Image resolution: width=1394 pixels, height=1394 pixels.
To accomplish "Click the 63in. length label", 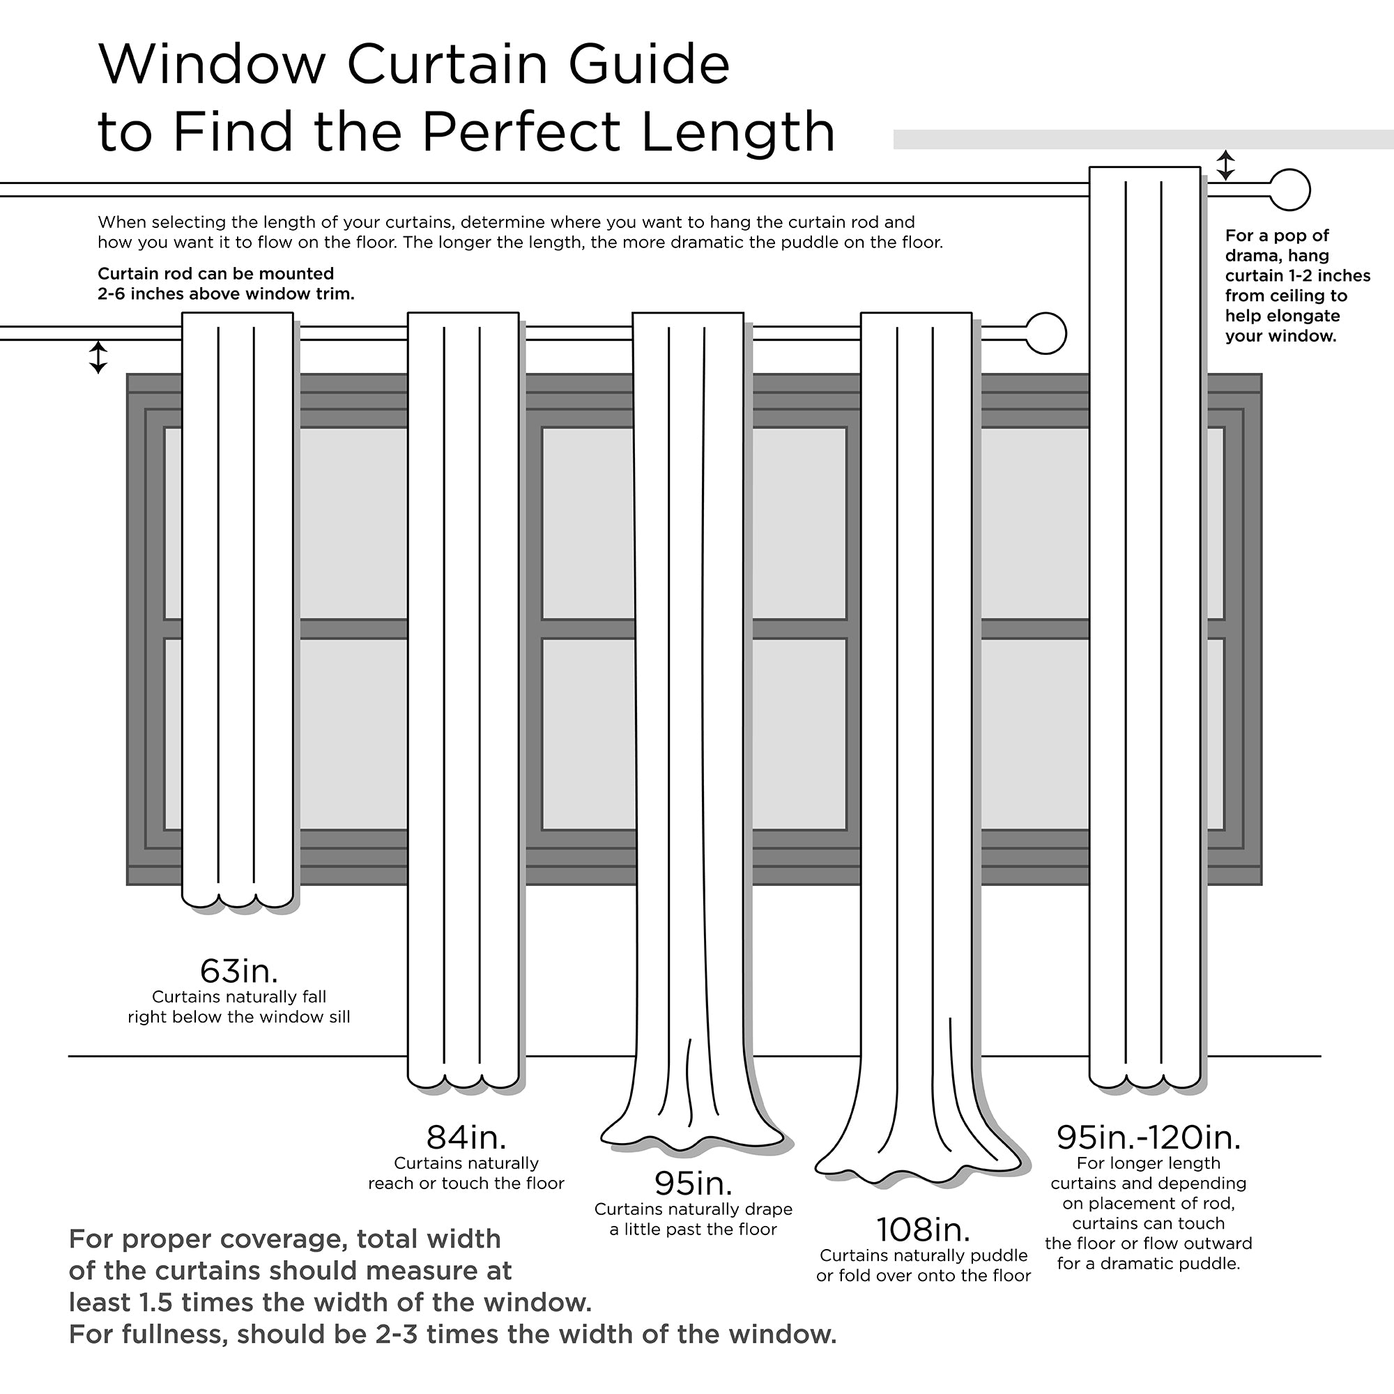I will pyautogui.click(x=239, y=971).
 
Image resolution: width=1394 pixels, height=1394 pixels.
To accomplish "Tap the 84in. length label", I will pyautogui.click(x=466, y=1138).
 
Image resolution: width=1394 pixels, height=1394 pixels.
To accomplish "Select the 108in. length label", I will pyautogui.click(x=923, y=1230).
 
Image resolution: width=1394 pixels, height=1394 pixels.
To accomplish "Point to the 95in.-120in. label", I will pyautogui.click(x=1149, y=1138).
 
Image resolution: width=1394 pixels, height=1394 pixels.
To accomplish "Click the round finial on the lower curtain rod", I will pyautogui.click(x=1045, y=333).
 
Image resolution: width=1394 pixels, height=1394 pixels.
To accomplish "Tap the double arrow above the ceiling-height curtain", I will pyautogui.click(x=1225, y=165).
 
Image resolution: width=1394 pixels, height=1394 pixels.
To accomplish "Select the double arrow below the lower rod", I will pyautogui.click(x=98, y=357).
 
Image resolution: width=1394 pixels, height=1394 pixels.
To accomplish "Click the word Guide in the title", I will pyautogui.click(x=649, y=65).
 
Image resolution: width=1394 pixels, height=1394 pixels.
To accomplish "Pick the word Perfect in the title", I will pyautogui.click(x=520, y=132).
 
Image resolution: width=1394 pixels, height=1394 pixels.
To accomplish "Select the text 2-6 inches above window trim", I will pyautogui.click(x=226, y=294).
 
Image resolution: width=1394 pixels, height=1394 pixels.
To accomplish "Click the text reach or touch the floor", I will pyautogui.click(x=466, y=1184).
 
